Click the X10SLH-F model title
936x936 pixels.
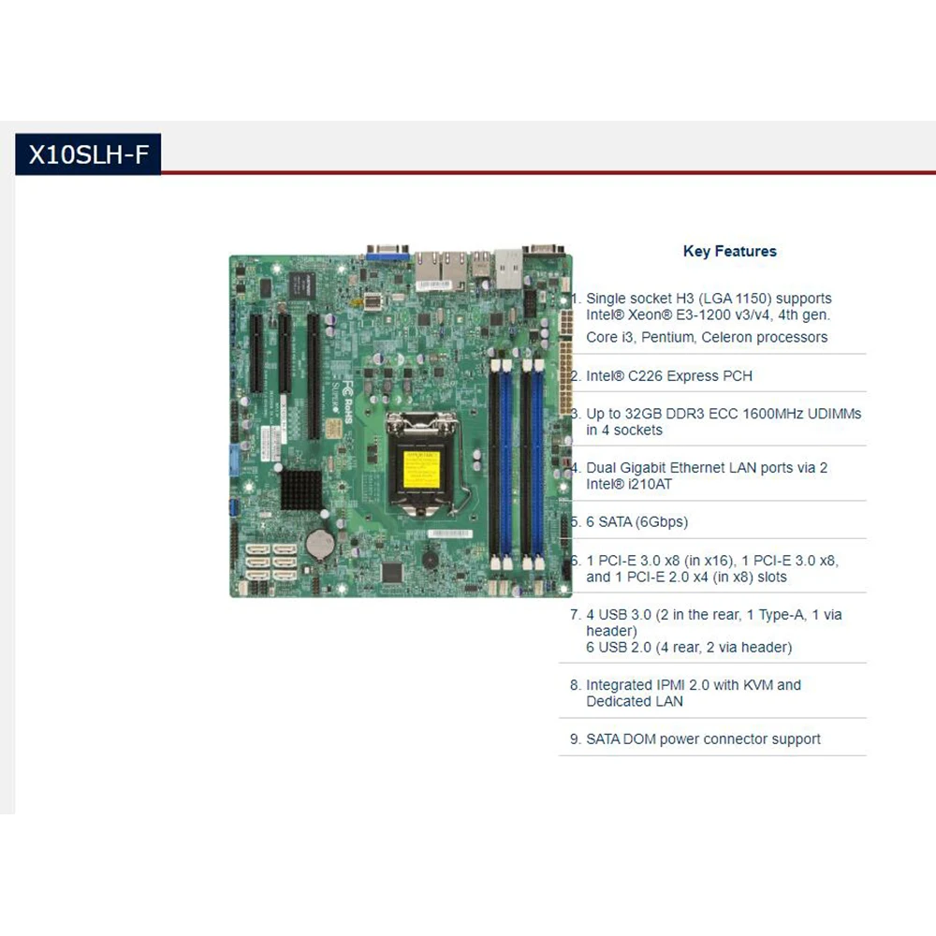point(88,154)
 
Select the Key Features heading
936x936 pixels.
point(730,251)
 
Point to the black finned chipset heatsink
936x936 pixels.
point(300,490)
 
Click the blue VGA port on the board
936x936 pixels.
point(386,251)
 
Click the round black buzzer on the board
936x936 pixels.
point(429,559)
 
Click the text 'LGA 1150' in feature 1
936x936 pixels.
point(739,299)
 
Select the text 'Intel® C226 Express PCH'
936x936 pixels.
point(669,376)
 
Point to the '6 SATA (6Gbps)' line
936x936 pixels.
point(636,521)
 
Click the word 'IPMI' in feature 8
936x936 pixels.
point(668,685)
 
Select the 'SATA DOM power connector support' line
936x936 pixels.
point(703,739)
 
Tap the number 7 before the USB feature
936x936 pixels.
point(575,615)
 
